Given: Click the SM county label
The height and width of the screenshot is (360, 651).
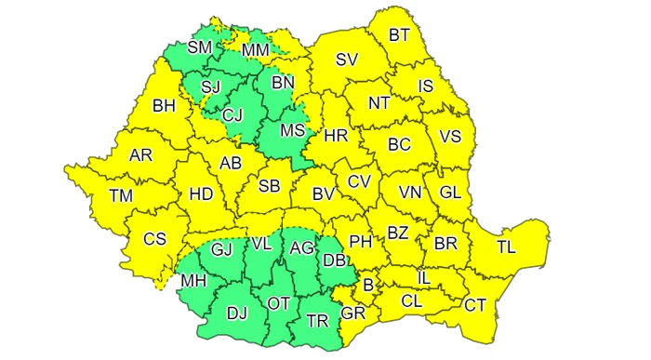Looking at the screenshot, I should pos(199,47).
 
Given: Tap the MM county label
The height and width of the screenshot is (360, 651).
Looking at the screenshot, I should pos(256,48).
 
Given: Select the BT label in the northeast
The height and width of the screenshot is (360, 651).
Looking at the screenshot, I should pos(399,35).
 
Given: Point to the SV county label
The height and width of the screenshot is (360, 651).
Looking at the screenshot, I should pos(347,60).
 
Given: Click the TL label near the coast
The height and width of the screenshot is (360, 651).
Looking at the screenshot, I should pos(506,247).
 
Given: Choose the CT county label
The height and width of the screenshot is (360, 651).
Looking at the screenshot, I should pos(475,304).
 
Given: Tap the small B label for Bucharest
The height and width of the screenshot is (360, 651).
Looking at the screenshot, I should pos(368,285).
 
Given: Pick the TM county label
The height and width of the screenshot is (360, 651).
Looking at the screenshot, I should pos(121,195).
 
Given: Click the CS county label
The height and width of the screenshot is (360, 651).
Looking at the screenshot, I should pos(154,239).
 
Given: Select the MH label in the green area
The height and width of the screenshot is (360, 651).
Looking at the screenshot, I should pos(194,280).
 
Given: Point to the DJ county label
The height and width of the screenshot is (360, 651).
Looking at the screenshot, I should pos(237,313).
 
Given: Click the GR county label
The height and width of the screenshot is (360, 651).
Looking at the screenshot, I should pos(353,313).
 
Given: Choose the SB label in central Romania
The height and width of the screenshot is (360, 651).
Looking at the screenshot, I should pos(270,186).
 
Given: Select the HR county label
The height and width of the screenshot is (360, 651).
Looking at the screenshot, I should pos(336,136).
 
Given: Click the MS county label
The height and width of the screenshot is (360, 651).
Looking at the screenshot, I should pos(293,130).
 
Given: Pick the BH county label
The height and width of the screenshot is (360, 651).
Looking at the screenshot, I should pos(165,106).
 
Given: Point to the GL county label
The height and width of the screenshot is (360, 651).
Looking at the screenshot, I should pos(450,193).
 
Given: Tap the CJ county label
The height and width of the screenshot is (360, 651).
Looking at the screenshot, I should pos(234,115).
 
